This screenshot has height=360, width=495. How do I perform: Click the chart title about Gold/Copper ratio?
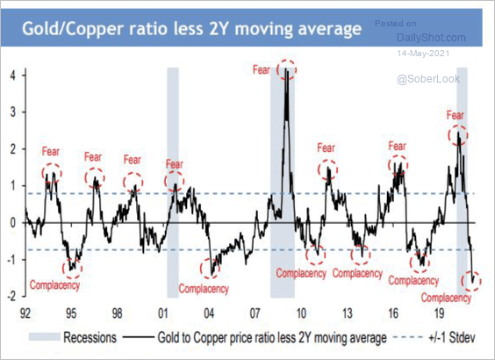coord(191,31)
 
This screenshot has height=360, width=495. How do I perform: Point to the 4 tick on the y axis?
coord(12,76)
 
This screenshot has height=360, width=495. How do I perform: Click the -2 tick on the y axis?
coord(11,295)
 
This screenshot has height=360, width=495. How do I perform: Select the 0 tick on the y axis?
coord(12,222)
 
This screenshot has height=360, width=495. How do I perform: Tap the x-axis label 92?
coord(26,312)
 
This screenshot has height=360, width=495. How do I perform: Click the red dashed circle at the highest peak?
coord(286,68)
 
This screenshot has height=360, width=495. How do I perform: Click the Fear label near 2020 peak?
coord(455,115)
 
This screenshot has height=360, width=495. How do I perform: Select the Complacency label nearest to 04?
coord(204,289)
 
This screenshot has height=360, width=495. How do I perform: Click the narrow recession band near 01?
coord(173,184)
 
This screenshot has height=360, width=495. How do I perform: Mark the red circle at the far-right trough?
coord(473,279)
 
